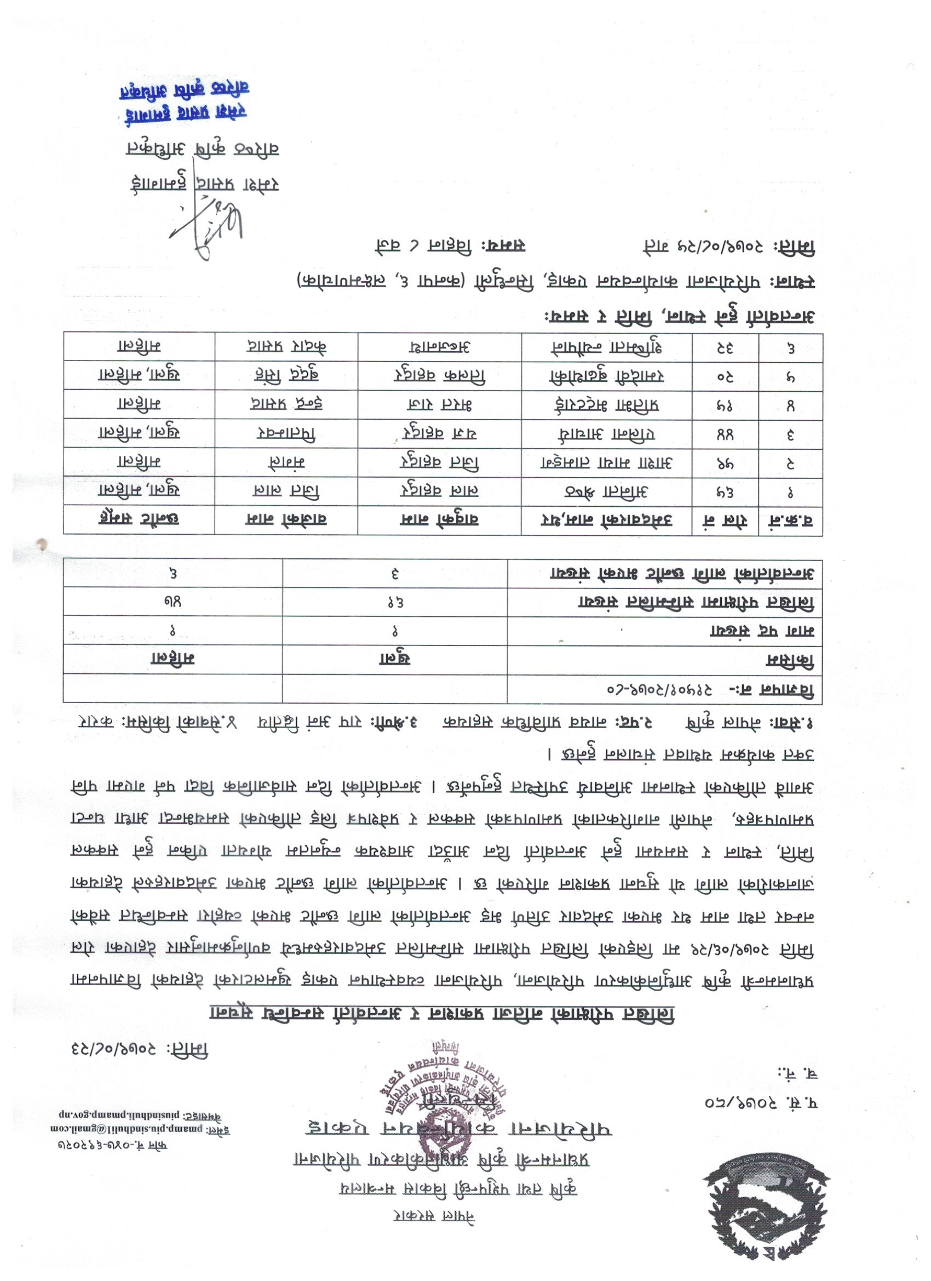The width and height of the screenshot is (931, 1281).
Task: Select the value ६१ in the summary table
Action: coord(395,603)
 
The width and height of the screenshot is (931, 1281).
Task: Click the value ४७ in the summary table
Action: coord(173,603)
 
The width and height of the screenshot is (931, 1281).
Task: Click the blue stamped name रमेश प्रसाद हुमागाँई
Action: coord(186,112)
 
